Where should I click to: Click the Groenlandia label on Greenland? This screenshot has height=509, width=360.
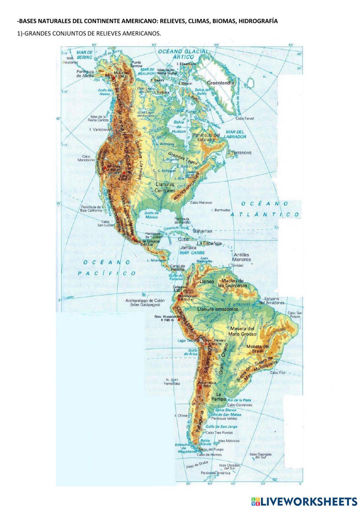pyautogui.click(x=220, y=83)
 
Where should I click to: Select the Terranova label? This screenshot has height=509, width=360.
pyautogui.click(x=241, y=153)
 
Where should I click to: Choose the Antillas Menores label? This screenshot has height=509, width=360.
pyautogui.click(x=241, y=257)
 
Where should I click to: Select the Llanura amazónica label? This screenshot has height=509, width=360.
pyautogui.click(x=217, y=309)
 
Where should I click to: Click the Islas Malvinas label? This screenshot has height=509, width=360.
pyautogui.click(x=226, y=441)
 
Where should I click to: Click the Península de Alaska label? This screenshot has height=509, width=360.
pyautogui.click(x=85, y=73)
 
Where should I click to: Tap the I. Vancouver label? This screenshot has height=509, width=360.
pyautogui.click(x=99, y=129)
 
